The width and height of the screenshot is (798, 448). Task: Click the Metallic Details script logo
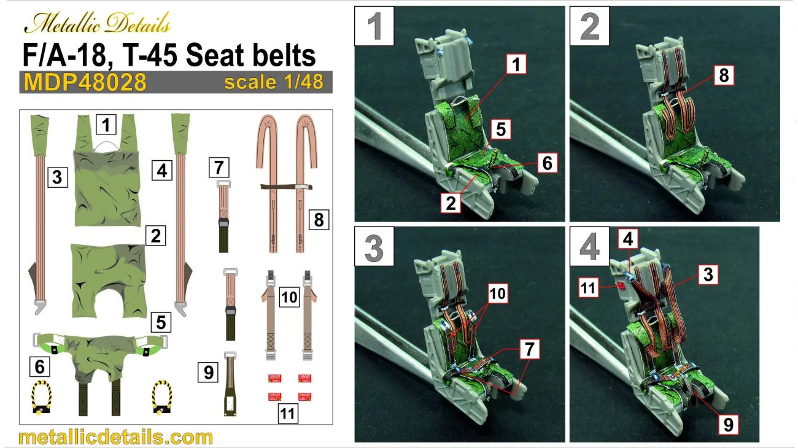[x=96, y=25]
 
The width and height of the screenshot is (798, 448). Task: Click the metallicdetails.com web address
[x=116, y=437]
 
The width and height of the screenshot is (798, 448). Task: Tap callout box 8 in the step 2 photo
[x=724, y=75]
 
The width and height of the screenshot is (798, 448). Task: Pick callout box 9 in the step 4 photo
[x=728, y=425]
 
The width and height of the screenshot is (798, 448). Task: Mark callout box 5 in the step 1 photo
[x=501, y=130]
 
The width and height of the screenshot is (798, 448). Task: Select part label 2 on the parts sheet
[x=156, y=235]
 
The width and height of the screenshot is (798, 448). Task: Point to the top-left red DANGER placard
[x=274, y=377]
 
